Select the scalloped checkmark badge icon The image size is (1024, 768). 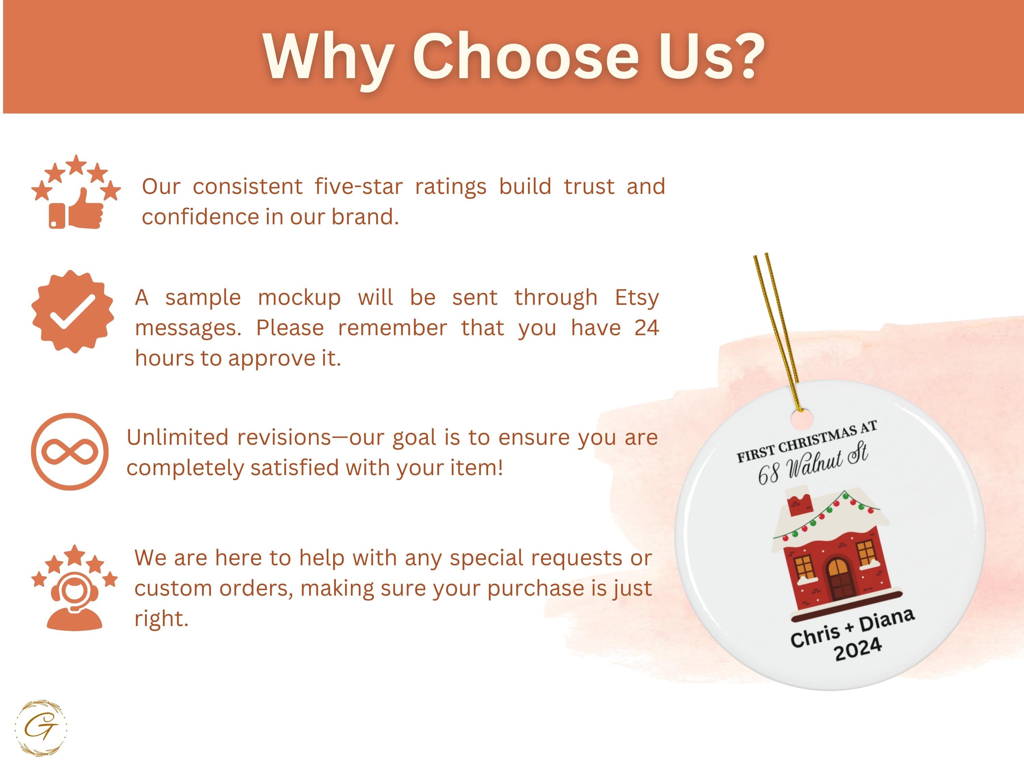click(73, 312)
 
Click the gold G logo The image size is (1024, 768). click(41, 728)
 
